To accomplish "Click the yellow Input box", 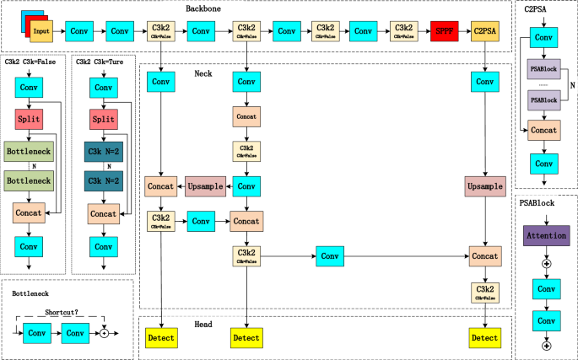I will [41, 32].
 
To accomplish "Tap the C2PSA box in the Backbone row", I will [484, 33].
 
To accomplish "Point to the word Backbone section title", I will [208, 8].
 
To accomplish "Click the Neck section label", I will [203, 74].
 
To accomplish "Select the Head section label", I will [203, 324].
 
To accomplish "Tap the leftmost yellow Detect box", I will [160, 338].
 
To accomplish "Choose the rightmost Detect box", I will [484, 338].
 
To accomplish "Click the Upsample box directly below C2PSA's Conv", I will [484, 185].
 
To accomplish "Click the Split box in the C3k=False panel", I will [30, 120].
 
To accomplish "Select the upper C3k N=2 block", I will [103, 152].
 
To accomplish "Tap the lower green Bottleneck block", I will [30, 180].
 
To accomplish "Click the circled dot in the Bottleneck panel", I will [104, 334].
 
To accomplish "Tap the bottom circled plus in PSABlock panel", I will [546, 345].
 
